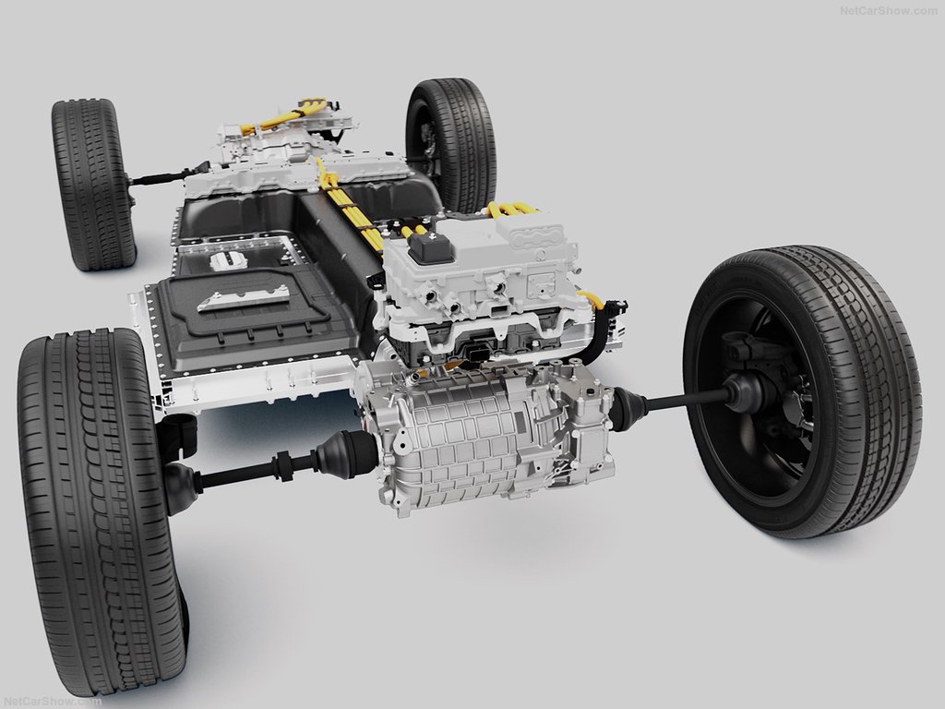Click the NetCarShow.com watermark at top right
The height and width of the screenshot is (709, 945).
pyautogui.click(x=889, y=11)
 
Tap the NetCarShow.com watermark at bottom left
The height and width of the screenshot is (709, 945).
pyautogui.click(x=52, y=702)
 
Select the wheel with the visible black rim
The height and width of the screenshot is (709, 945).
pyautogui.click(x=803, y=391)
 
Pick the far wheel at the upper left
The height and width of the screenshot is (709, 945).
pyautogui.click(x=93, y=184)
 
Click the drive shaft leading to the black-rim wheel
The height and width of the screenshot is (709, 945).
pyautogui.click(x=687, y=399)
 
